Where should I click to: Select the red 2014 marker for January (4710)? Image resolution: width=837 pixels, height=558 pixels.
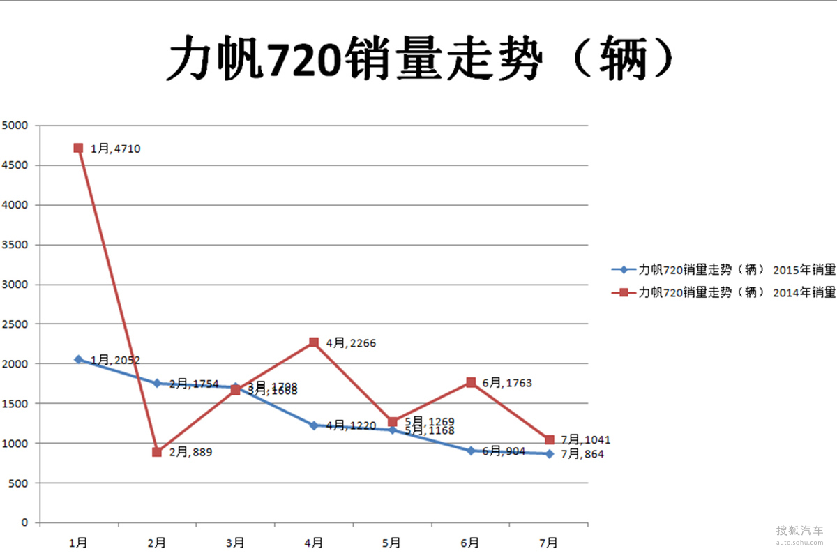[x=78, y=148]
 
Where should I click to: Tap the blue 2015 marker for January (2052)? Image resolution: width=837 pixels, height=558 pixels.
[x=78, y=359]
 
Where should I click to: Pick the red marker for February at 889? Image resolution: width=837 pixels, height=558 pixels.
[x=157, y=452]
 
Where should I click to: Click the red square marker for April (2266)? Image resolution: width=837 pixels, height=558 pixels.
[x=314, y=342]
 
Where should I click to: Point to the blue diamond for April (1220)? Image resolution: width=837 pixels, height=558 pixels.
[x=314, y=425]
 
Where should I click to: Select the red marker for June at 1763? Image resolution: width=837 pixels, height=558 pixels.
[x=471, y=382]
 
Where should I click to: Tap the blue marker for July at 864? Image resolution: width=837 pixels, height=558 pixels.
[x=550, y=454]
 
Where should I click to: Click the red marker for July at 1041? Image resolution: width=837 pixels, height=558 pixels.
[x=550, y=439]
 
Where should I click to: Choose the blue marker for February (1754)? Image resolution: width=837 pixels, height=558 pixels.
[x=157, y=383]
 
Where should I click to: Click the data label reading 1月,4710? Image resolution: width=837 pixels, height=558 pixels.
[x=116, y=149]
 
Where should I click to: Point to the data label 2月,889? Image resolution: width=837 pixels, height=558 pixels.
[x=190, y=453]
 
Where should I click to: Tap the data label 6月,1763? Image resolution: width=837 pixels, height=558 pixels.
[x=506, y=383]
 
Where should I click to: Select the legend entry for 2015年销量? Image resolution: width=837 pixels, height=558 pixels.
[x=723, y=270]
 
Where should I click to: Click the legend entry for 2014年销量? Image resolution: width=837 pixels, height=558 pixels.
[x=723, y=292]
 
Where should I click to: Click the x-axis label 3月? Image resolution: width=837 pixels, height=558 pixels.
[x=235, y=542]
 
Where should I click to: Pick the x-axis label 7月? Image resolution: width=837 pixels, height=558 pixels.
[x=549, y=542]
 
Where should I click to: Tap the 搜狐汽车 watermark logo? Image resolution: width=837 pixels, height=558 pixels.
[x=799, y=532]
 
